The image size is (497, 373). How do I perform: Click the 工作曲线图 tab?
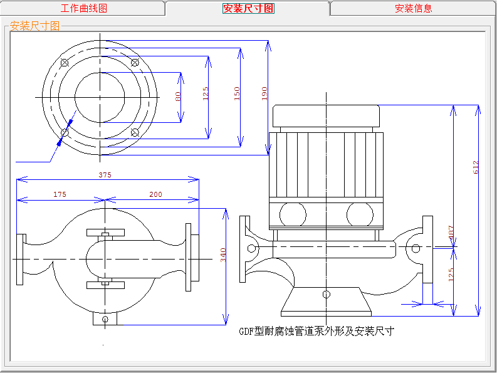(x=83, y=8)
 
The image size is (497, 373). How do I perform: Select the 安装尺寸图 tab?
(x=248, y=8)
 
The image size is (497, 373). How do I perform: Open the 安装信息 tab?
(x=413, y=8)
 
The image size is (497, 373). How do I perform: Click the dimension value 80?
(x=178, y=97)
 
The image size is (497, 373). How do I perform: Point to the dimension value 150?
(x=236, y=94)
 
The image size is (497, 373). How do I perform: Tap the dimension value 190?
(x=264, y=94)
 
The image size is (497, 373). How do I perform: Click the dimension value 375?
(x=105, y=176)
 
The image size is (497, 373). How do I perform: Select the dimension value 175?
(x=60, y=194)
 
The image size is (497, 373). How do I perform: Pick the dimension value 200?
(x=155, y=194)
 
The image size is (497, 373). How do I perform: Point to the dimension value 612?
(x=476, y=167)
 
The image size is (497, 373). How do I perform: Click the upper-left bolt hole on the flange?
(x=65, y=62)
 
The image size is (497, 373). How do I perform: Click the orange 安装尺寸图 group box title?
(x=35, y=26)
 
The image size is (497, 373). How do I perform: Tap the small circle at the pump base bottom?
(x=326, y=293)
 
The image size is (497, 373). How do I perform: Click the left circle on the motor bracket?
(x=293, y=214)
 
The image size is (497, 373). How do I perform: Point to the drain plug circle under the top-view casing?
(x=105, y=319)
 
